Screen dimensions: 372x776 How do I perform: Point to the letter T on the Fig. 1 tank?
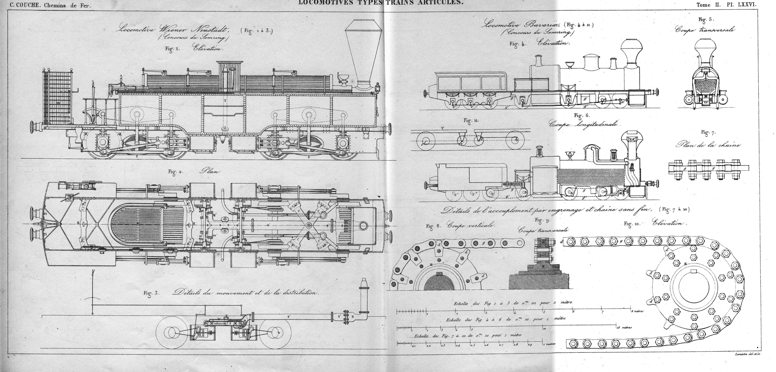click(x=225, y=101)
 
